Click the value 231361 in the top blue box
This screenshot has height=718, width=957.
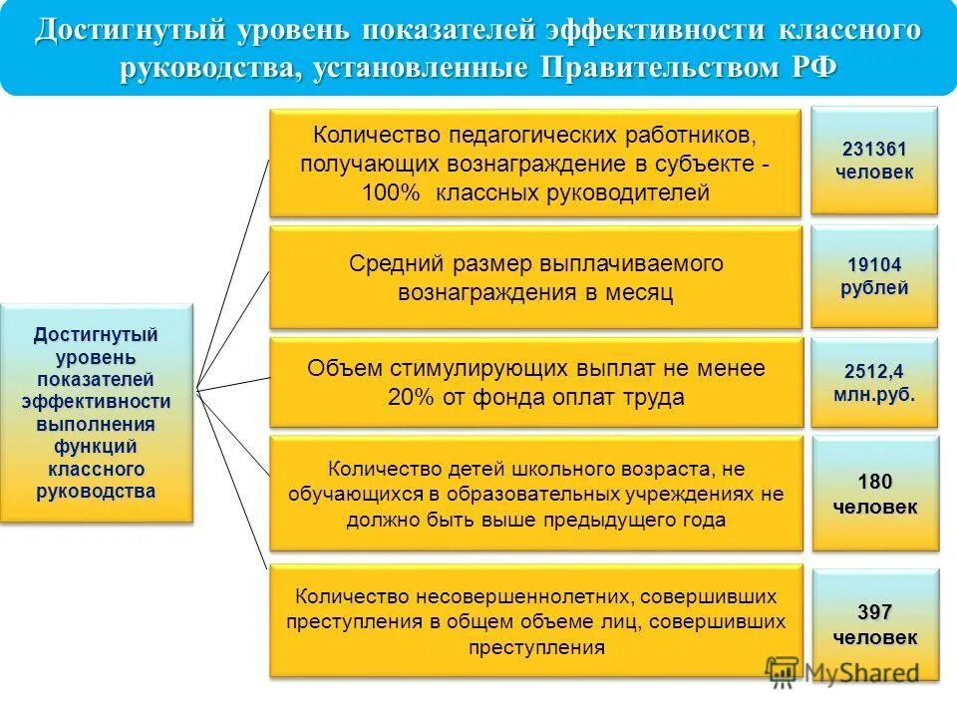coord(874,150)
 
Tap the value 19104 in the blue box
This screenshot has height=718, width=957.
coord(874,265)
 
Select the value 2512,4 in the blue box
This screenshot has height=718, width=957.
coord(874,371)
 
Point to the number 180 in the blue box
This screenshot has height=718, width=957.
coord(874,483)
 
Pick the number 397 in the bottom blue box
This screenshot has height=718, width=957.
coord(874,612)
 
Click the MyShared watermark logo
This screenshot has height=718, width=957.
coord(842,672)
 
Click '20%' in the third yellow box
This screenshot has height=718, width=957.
coord(410,397)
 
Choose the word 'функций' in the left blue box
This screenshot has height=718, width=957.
coord(97,446)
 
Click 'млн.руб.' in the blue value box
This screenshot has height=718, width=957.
coord(874,393)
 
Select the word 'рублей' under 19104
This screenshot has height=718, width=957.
coord(874,288)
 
